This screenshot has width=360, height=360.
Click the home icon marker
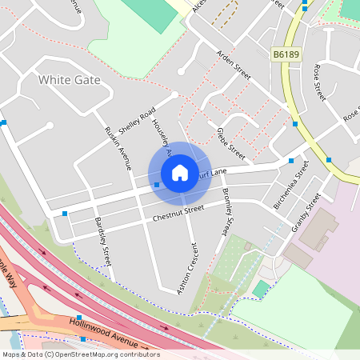click(180, 173)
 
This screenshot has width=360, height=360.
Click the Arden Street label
click(234, 65)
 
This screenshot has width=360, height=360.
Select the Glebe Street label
click(231, 140)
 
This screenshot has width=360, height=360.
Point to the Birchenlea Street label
click(291, 185)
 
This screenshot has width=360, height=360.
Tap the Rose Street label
click(320, 82)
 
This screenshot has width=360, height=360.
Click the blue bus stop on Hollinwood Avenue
click(78, 318)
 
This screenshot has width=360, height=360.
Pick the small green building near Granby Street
click(262, 288)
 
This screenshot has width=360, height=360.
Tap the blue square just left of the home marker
click(157, 185)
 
